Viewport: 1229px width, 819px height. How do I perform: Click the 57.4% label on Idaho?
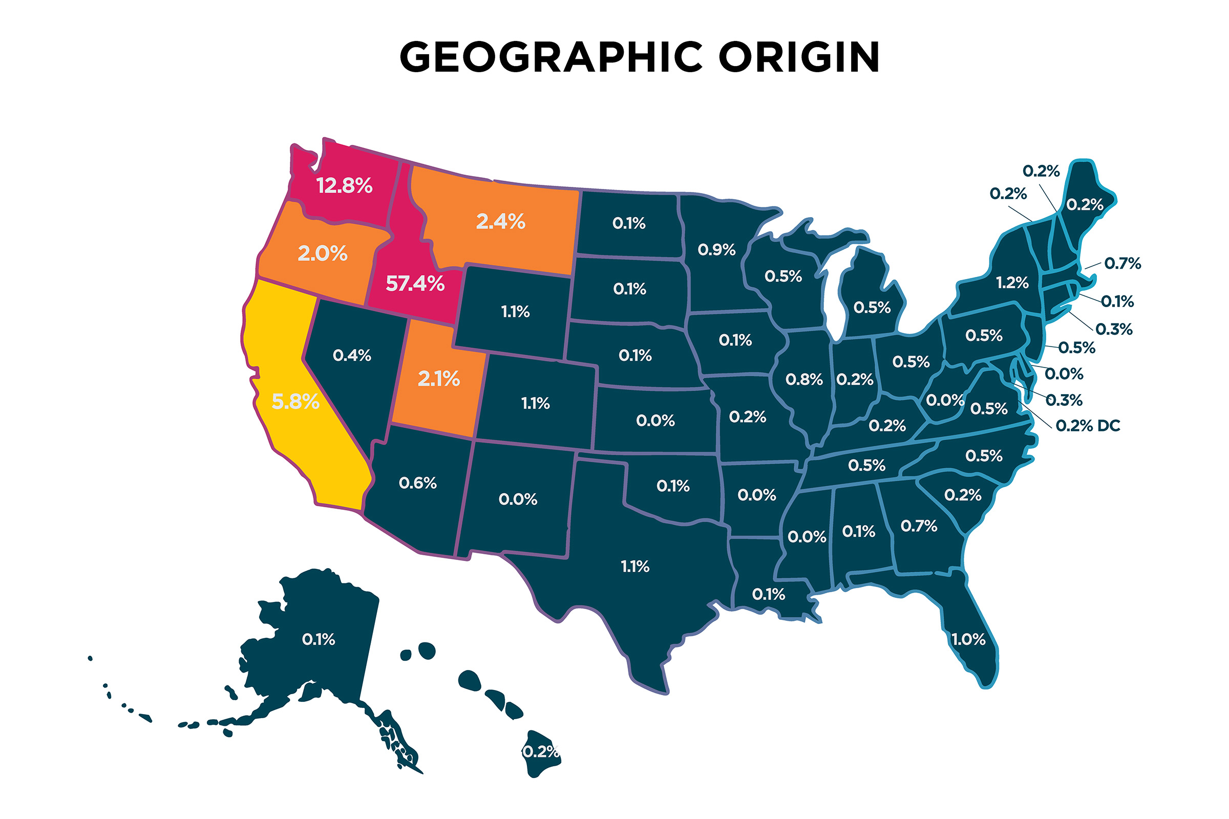(x=415, y=284)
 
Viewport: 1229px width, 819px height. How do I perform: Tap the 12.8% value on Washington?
(x=344, y=186)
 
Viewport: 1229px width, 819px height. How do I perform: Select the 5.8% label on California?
(x=295, y=402)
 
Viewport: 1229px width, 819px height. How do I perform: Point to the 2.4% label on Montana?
(x=500, y=222)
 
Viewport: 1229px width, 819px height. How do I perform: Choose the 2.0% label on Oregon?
(x=323, y=254)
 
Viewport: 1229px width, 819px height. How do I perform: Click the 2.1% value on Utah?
(x=438, y=379)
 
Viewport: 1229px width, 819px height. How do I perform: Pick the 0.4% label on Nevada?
(x=352, y=356)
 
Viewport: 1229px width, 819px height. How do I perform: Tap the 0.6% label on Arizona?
(x=417, y=483)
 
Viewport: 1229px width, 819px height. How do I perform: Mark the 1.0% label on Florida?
(x=968, y=639)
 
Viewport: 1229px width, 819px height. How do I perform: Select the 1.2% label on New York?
(x=1012, y=283)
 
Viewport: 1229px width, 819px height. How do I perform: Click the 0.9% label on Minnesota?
(x=716, y=250)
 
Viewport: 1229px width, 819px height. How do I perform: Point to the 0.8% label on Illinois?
(x=804, y=380)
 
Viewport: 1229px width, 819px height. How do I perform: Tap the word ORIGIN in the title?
(x=799, y=57)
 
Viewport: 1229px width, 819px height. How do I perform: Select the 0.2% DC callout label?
(x=1088, y=426)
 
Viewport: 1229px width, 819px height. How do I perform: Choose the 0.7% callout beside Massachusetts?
(x=1122, y=264)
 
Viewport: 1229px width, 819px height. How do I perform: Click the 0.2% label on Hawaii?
(x=541, y=751)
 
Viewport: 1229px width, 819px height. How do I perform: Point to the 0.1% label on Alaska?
(x=318, y=639)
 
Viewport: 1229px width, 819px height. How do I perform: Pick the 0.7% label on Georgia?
(x=919, y=526)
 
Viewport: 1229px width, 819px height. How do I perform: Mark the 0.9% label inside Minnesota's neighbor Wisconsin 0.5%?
(x=783, y=276)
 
